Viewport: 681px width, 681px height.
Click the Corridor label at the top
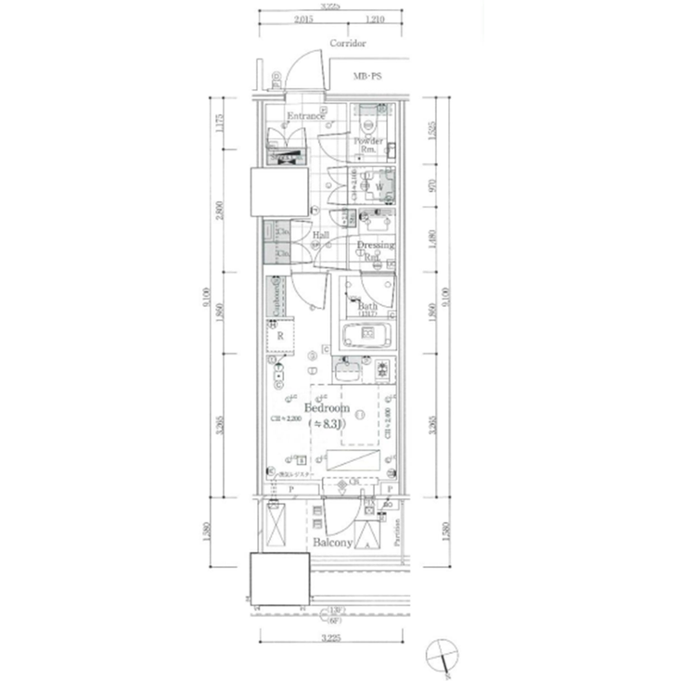point(348,44)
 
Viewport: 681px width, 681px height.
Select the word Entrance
point(305,116)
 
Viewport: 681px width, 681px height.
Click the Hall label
point(321,236)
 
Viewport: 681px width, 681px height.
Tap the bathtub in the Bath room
point(367,333)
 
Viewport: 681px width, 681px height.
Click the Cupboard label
point(276,298)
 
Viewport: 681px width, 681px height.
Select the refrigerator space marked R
point(279,337)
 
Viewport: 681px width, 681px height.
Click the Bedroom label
point(327,408)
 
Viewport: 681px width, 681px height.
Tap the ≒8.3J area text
point(328,424)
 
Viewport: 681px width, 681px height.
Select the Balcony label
point(331,542)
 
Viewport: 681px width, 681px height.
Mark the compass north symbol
point(443,656)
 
